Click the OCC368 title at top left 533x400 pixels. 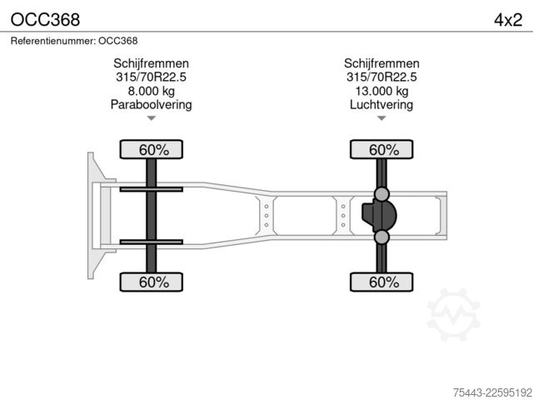pos(45,20)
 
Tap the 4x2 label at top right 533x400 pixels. pos(508,20)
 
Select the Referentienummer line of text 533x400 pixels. pos(74,41)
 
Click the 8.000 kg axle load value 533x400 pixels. pos(152,91)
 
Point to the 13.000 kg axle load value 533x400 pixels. pos(381,91)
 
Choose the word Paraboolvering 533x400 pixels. pos(152,104)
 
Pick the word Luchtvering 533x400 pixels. pos(381,104)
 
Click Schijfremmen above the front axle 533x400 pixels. pos(152,63)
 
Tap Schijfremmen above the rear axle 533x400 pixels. pos(381,63)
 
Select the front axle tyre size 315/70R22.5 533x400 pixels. pos(152,77)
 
